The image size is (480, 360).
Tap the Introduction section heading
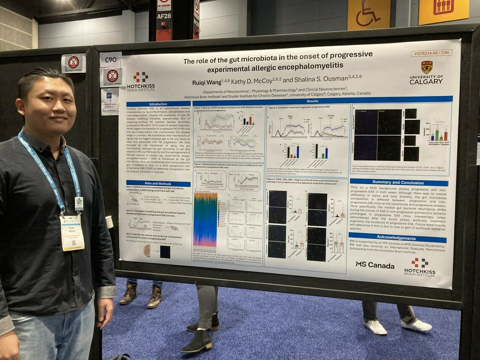click(x=158, y=104)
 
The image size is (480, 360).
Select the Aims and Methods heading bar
click(x=158, y=184)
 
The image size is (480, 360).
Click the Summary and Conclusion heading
click(x=398, y=183)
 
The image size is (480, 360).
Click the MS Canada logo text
click(x=375, y=265)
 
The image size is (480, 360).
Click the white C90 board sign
click(x=110, y=60)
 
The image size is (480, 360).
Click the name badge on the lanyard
click(x=72, y=232)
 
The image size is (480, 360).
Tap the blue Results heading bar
click(x=312, y=101)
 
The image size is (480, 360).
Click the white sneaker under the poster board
click(x=375, y=327)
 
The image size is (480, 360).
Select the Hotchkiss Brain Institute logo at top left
click(x=141, y=81)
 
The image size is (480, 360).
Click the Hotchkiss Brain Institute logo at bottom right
click(x=419, y=267)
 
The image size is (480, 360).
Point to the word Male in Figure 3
click(x=290, y=116)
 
